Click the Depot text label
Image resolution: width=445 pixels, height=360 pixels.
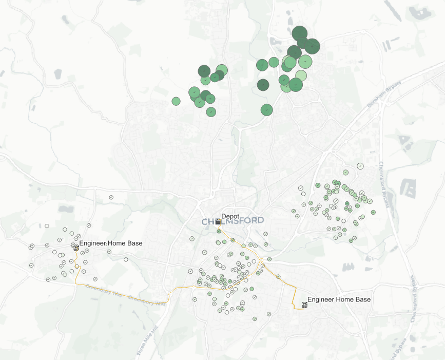(x=230, y=216)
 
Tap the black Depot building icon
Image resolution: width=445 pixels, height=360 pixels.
(x=219, y=221)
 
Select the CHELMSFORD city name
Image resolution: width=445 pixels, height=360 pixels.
(x=233, y=222)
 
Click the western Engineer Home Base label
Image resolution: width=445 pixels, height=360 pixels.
(x=111, y=243)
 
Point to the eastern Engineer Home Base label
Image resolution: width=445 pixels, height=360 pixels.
(x=339, y=299)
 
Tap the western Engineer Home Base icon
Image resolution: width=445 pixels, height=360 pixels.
(x=76, y=248)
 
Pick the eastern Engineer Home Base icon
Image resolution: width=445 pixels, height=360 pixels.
(x=304, y=305)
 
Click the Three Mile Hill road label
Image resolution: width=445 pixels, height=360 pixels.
(x=146, y=340)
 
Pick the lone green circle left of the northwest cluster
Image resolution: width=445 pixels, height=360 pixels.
(x=176, y=101)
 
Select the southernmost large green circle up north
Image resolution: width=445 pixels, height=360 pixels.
(x=266, y=109)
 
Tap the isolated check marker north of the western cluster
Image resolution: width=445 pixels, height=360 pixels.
(x=111, y=197)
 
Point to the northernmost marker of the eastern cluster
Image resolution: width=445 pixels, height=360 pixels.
(x=360, y=166)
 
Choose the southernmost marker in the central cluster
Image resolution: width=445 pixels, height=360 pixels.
(x=255, y=319)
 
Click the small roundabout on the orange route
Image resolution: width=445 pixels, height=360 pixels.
(x=261, y=260)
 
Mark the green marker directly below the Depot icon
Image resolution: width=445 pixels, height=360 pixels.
(x=219, y=231)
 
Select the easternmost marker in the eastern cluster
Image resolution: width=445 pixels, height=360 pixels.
(x=373, y=212)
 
